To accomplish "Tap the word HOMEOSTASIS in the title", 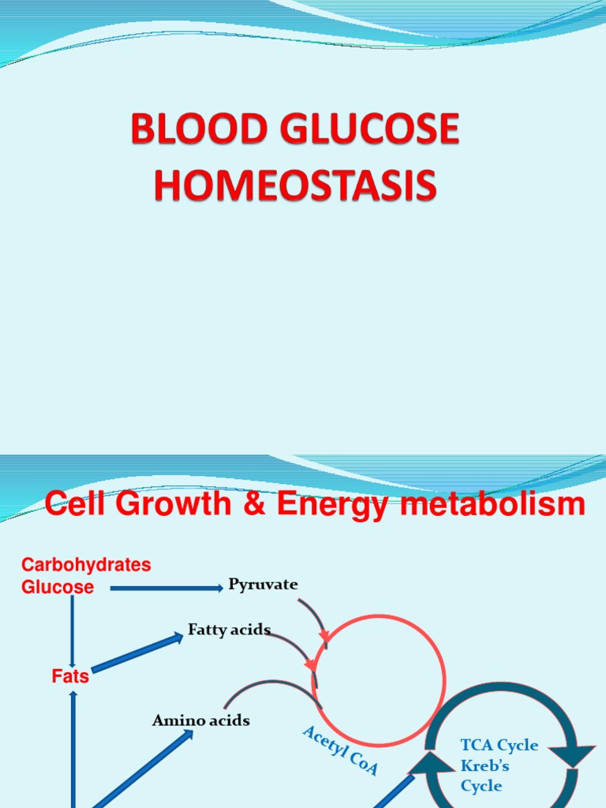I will pos(294,185).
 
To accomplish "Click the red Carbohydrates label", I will pos(86,565).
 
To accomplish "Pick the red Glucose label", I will pos(58,587).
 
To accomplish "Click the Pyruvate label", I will pos(263,585).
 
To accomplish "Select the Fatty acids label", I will pos(229,630).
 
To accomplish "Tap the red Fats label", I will pos(70,676).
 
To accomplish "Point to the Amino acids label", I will pos(200,720).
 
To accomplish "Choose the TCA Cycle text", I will pos(499,745).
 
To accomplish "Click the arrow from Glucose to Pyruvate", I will pos(166,587).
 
